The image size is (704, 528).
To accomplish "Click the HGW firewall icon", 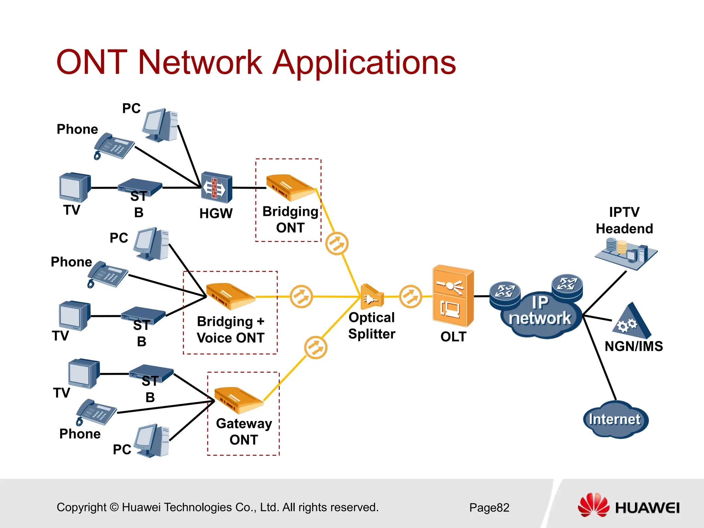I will coord(217,187).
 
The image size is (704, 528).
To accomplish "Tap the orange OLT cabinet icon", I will coord(453,296).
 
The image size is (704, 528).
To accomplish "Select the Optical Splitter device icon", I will coord(371,297).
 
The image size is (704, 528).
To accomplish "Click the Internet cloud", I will coord(615,420).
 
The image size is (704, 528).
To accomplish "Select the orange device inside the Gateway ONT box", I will coord(239,400).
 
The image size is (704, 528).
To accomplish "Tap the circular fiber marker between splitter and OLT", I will coord(410,296).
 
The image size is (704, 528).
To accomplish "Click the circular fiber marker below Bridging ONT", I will coord(337,243).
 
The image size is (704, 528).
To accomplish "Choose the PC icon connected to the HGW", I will coord(160,125).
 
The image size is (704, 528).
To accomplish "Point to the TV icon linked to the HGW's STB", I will coord(75,187).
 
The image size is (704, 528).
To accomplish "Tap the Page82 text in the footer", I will coord(489,508).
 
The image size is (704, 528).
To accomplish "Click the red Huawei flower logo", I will coord(593,505).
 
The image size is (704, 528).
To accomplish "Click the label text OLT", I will coord(453,337).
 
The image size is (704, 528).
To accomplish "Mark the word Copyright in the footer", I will coord(81,507).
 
